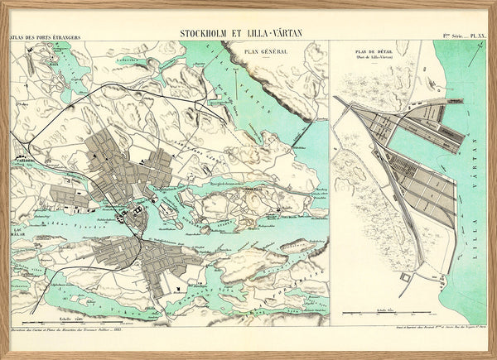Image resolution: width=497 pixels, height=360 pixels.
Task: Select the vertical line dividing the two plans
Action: tap(329, 182)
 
